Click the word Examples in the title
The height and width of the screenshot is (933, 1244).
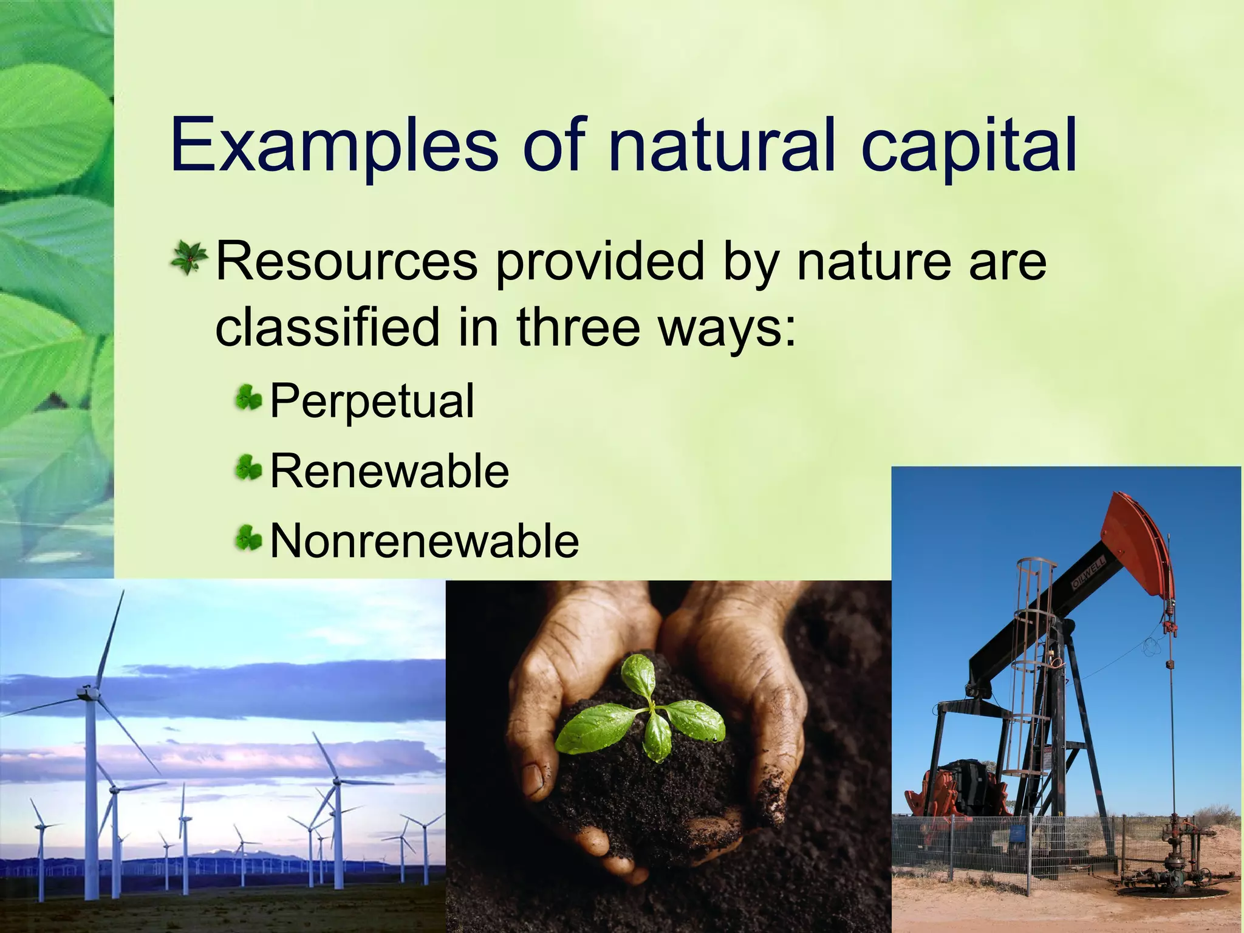(334, 146)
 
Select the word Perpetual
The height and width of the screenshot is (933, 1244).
(372, 401)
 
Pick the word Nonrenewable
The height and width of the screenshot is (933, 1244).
(424, 541)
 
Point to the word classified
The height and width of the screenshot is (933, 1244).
(327, 327)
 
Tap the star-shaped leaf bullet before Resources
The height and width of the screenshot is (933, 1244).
(189, 258)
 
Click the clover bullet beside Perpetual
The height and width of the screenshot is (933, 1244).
(248, 399)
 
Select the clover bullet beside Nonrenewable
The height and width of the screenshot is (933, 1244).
(248, 539)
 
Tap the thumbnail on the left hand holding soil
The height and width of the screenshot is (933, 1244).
(535, 781)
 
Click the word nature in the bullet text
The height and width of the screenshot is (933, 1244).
(873, 261)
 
